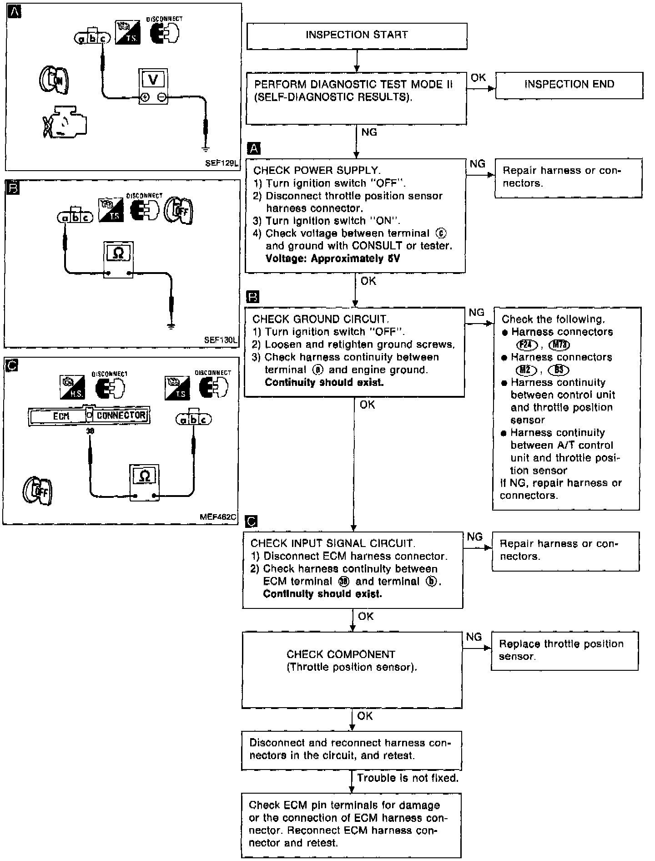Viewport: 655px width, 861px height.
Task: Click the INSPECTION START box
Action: [x=357, y=35]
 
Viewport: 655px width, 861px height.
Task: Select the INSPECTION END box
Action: [x=569, y=85]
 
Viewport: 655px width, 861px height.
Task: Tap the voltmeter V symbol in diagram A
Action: [x=153, y=81]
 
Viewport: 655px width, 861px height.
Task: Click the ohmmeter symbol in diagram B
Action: [x=118, y=253]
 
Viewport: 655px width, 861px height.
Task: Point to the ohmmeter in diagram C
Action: [x=144, y=476]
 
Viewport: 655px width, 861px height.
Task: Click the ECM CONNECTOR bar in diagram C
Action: [x=89, y=415]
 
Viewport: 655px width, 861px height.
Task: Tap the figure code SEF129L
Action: [x=222, y=163]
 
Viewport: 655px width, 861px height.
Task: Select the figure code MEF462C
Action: [x=218, y=517]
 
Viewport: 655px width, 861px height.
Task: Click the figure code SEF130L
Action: [x=221, y=340]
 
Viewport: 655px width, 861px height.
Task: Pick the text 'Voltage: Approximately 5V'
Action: [x=333, y=258]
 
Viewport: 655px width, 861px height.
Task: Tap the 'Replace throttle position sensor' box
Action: [x=564, y=650]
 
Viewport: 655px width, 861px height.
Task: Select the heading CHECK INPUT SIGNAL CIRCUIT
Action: [x=333, y=543]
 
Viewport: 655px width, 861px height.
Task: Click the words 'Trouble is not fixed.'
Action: [x=408, y=778]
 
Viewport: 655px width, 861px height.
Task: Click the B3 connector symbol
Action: [x=559, y=370]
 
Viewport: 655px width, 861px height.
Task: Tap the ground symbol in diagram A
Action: [x=206, y=148]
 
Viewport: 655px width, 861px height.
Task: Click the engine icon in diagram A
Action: [x=65, y=122]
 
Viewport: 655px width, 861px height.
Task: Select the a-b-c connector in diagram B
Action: [x=76, y=218]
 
